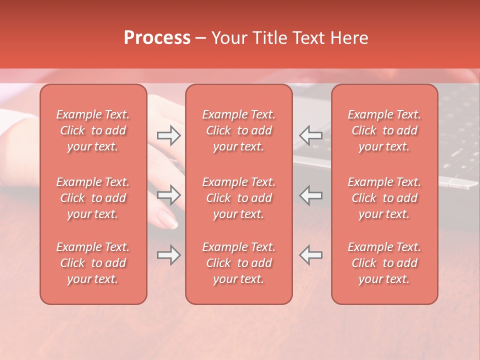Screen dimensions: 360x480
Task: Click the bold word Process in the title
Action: (x=157, y=37)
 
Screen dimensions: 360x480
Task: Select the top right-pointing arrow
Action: (x=169, y=135)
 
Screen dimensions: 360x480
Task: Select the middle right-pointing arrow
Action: (x=169, y=195)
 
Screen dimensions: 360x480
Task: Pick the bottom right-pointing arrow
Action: (x=169, y=255)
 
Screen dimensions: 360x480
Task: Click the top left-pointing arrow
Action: (x=310, y=135)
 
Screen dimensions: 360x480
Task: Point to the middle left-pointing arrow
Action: (x=310, y=195)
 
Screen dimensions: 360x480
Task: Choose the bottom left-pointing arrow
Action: (x=310, y=255)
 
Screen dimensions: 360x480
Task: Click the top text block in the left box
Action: (x=93, y=130)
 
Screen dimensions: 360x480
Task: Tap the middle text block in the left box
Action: (x=93, y=198)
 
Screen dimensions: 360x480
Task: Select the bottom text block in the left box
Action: (x=93, y=263)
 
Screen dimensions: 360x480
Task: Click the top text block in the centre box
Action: (x=238, y=130)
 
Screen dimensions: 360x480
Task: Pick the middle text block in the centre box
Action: (x=238, y=198)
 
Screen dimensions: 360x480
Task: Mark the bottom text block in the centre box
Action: (x=238, y=263)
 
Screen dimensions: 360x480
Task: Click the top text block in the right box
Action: (x=384, y=130)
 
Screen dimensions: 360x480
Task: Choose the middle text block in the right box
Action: (x=384, y=198)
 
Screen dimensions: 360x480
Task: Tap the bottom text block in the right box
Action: (x=384, y=263)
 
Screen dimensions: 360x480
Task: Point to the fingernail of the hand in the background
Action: (x=167, y=218)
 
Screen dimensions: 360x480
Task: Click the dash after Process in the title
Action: (x=200, y=38)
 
